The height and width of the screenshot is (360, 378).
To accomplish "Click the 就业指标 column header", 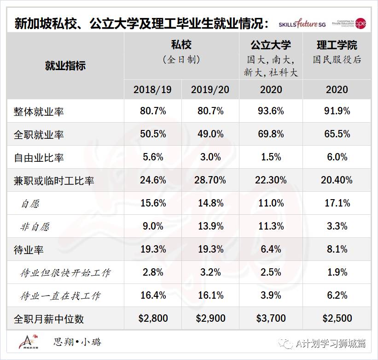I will point(65,65).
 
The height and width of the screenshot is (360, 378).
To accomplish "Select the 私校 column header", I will point(181,45).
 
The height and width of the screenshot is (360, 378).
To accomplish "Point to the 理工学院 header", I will point(337,45).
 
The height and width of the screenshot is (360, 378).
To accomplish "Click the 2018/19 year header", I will point(152,89).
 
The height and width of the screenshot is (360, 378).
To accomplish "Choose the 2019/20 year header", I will point(210,89).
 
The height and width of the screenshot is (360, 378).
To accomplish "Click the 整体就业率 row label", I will point(39,112).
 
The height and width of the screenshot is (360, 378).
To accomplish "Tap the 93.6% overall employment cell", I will point(271,111).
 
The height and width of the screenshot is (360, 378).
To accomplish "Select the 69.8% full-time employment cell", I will point(271,134).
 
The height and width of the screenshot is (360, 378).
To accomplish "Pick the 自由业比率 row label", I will point(39,158).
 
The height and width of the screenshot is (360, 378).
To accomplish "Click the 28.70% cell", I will point(210,180).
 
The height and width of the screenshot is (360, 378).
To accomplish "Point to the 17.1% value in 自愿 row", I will point(337,203).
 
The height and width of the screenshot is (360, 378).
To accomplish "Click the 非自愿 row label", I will point(35,227).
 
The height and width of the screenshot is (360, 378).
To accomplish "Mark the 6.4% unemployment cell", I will point(271,249).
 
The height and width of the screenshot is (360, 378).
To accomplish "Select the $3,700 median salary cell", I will point(271,319).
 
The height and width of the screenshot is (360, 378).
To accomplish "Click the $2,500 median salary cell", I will point(337,319).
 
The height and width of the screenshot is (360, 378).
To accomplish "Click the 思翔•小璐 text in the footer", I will point(77,342).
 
